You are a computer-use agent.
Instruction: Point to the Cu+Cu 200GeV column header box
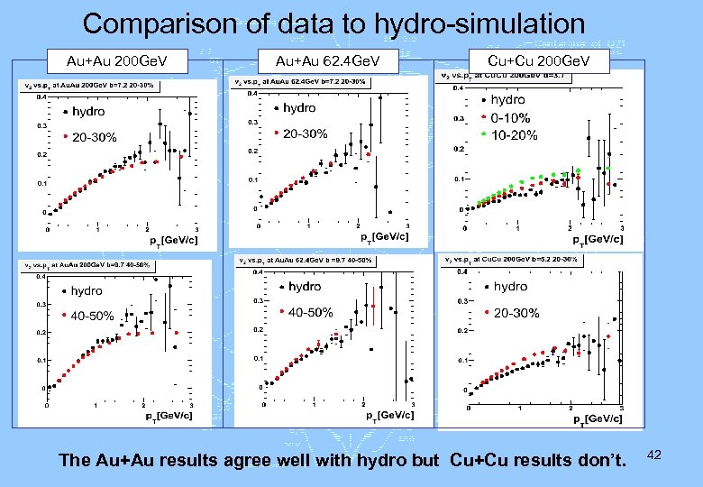click(538, 60)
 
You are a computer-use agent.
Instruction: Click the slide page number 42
click(654, 456)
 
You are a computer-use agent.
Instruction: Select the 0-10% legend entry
click(509, 117)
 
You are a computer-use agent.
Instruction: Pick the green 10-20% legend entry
click(513, 135)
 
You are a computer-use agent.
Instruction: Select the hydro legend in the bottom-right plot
click(510, 286)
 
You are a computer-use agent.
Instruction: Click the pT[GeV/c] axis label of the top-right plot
click(598, 239)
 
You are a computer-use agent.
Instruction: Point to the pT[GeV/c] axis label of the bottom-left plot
click(169, 415)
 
